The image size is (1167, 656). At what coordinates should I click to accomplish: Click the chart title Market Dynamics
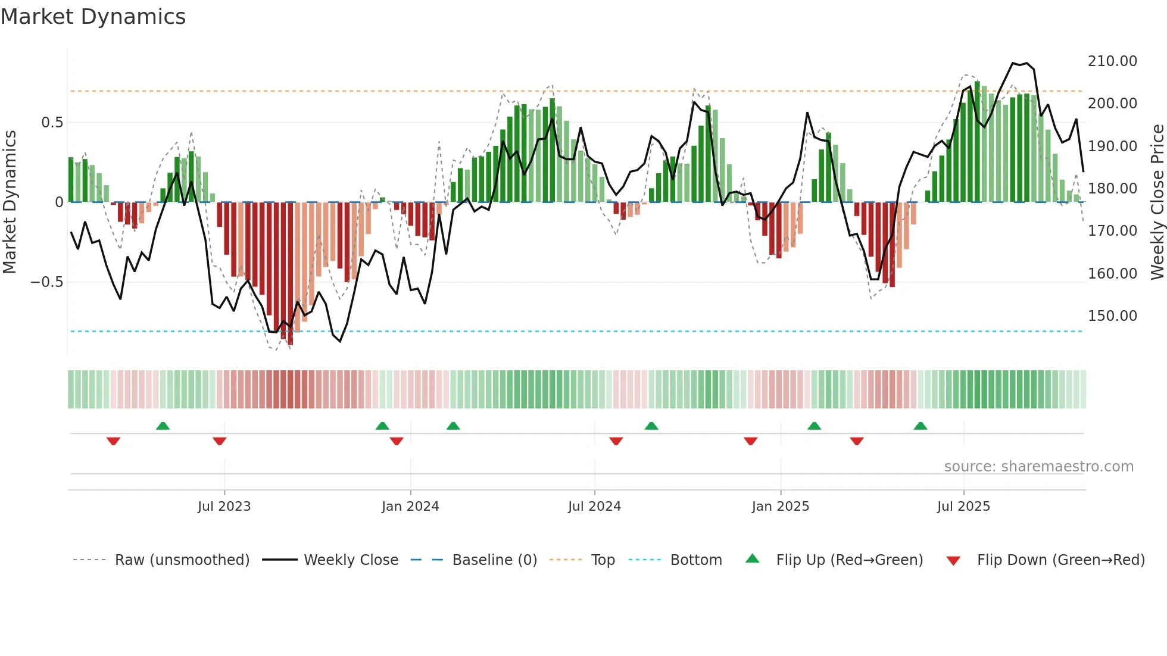93,17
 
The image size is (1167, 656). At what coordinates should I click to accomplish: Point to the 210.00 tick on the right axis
1112,61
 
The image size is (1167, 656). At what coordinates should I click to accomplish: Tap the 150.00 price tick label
1112,316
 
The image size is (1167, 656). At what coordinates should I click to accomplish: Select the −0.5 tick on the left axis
47,282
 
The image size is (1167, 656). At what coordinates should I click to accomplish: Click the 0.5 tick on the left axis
52,123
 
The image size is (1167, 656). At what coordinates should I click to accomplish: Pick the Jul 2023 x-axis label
224,507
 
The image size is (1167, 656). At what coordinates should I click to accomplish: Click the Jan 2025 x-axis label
780,507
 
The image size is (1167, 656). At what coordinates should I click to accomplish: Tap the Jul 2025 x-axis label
963,507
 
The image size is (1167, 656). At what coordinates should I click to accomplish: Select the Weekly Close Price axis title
1157,202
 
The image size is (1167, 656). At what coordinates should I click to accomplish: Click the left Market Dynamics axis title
10,202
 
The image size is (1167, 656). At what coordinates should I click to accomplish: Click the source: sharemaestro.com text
1038,467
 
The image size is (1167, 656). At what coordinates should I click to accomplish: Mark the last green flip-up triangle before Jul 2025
921,426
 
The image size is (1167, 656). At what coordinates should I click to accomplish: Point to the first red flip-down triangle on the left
113,441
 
